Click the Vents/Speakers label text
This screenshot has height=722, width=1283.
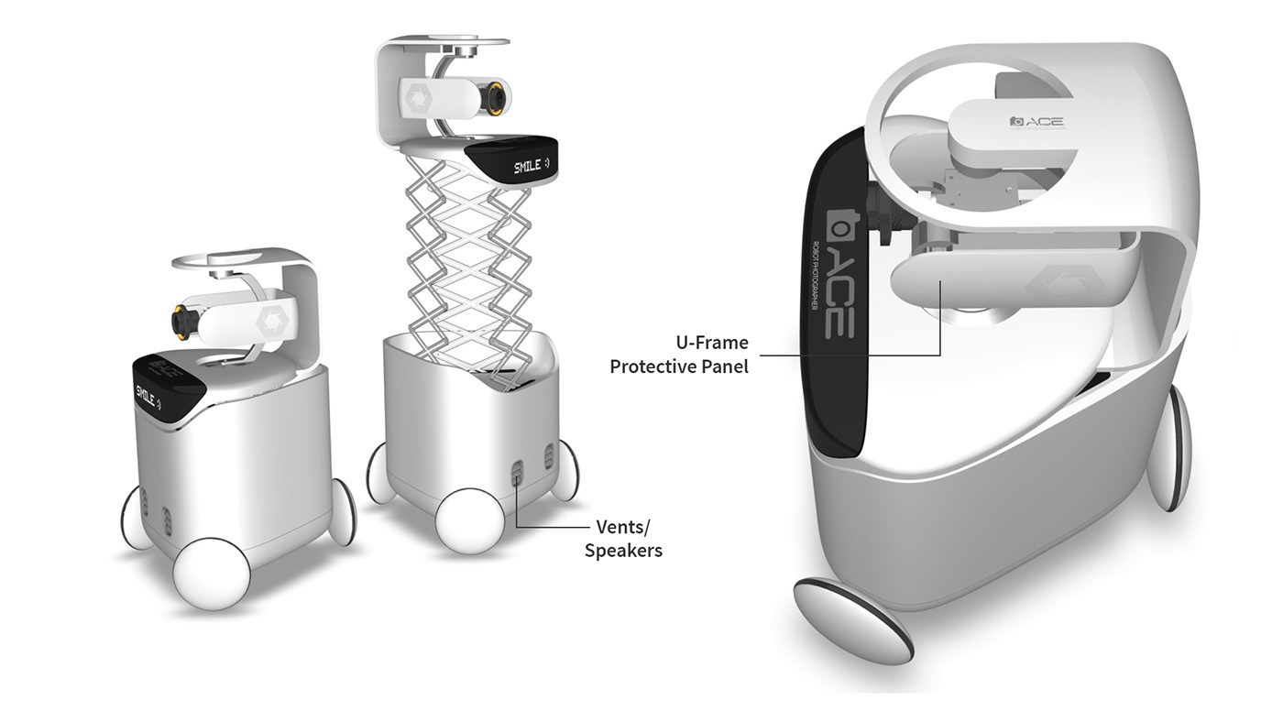tap(623, 539)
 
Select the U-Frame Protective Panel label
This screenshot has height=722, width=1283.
tap(679, 355)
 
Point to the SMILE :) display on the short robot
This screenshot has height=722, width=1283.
tap(149, 395)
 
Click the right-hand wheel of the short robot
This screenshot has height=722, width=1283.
tap(342, 511)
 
